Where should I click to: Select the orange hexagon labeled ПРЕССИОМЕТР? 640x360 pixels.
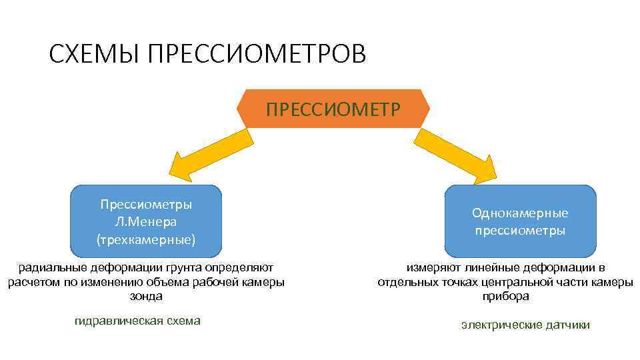[x=333, y=108]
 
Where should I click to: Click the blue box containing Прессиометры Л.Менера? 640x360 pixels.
[x=146, y=221]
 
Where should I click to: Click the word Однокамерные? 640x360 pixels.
[x=520, y=213]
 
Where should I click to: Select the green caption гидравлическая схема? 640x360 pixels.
[x=137, y=321]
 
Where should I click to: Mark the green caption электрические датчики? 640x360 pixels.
[x=525, y=325]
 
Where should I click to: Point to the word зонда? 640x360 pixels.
[x=146, y=295]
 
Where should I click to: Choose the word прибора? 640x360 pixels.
[x=505, y=296]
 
